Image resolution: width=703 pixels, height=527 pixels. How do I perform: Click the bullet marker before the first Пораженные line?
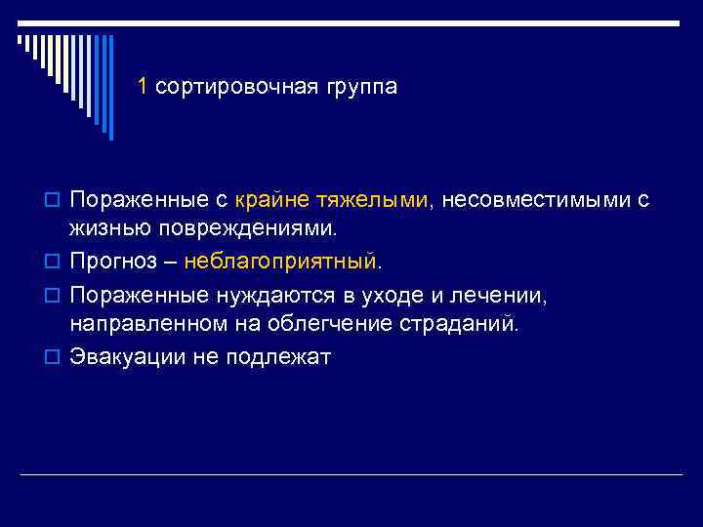click(x=55, y=201)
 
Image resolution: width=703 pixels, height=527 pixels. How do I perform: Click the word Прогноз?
click(x=109, y=263)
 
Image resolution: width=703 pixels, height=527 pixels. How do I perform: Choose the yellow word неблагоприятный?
click(x=283, y=263)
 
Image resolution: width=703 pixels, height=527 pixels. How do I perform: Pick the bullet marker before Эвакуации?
click(x=55, y=357)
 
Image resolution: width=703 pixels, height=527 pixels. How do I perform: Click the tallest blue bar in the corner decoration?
click(x=109, y=88)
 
